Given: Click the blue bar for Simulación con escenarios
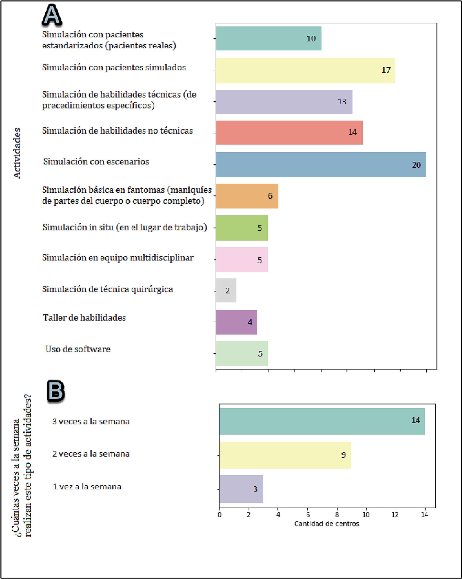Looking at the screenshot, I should [x=320, y=165].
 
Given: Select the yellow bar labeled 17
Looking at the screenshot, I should [x=305, y=70].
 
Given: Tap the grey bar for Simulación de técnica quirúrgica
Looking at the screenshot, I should [x=226, y=290].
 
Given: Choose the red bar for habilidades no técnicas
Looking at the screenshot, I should [x=289, y=132].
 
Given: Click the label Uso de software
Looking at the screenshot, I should [x=78, y=349].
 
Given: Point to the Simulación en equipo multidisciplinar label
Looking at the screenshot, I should [x=118, y=258].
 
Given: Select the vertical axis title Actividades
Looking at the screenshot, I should [x=17, y=153].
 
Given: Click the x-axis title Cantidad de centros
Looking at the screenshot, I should [x=327, y=524].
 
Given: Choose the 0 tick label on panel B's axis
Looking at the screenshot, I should [x=220, y=515].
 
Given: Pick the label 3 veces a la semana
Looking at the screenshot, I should [x=91, y=421].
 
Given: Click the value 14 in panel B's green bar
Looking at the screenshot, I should [x=416, y=420].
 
